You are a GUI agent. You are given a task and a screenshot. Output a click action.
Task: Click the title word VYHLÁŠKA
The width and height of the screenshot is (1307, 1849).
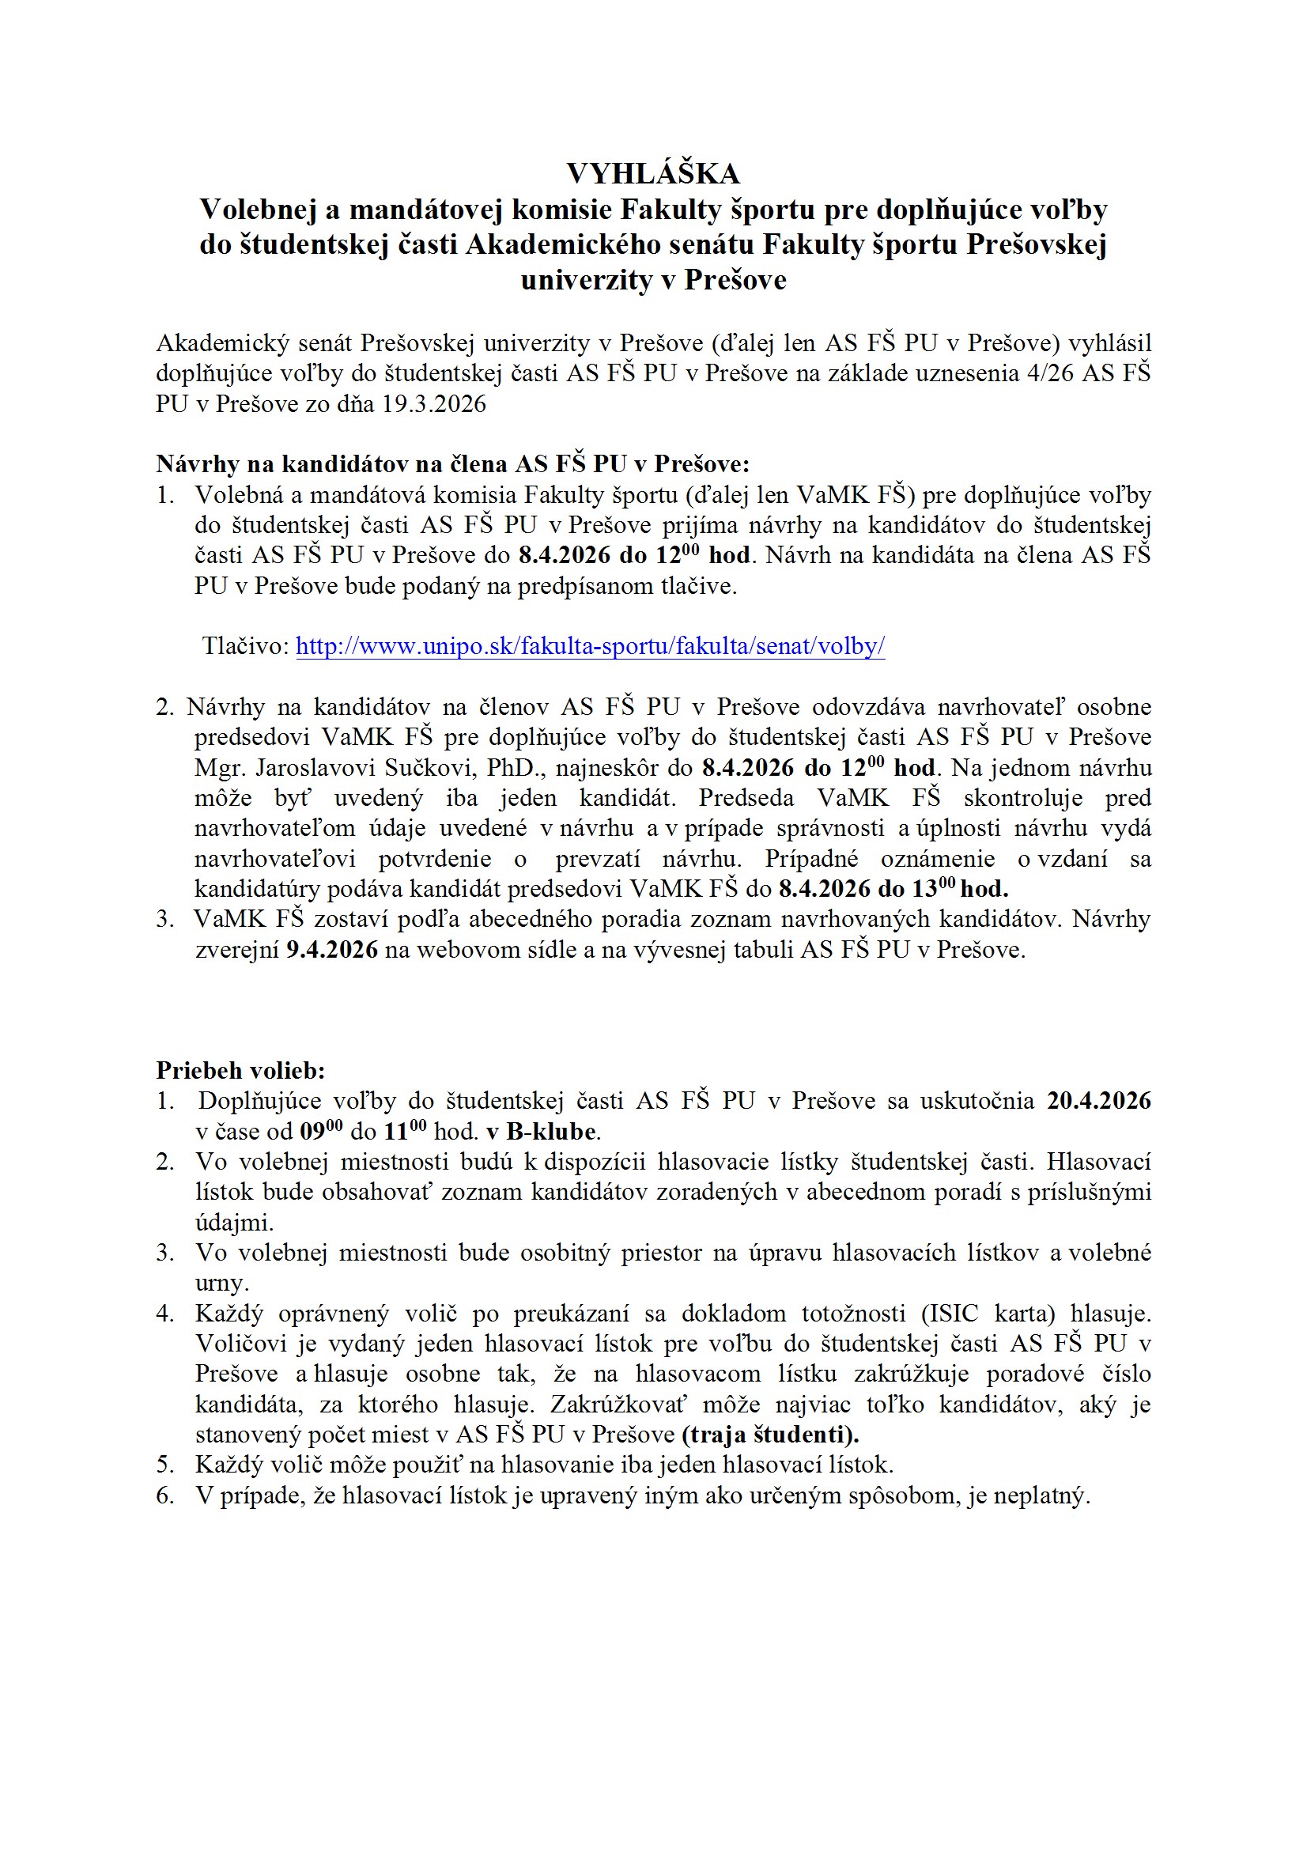click(652, 174)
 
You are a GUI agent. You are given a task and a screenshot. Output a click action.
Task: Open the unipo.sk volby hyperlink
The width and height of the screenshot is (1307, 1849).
click(591, 647)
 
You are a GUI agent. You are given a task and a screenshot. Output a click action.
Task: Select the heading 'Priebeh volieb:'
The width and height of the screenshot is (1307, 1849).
click(240, 1070)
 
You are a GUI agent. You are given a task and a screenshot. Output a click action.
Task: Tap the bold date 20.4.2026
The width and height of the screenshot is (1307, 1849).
click(1098, 1101)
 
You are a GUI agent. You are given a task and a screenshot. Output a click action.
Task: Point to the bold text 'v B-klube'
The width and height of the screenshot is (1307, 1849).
click(542, 1132)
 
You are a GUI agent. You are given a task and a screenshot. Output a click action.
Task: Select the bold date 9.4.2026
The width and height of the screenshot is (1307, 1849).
click(332, 951)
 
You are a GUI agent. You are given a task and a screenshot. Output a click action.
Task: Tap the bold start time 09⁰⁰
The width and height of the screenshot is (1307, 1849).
click(321, 1132)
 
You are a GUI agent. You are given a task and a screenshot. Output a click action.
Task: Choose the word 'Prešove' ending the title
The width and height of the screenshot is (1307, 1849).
click(735, 280)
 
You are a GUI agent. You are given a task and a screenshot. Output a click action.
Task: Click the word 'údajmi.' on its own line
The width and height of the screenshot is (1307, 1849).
click(234, 1223)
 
